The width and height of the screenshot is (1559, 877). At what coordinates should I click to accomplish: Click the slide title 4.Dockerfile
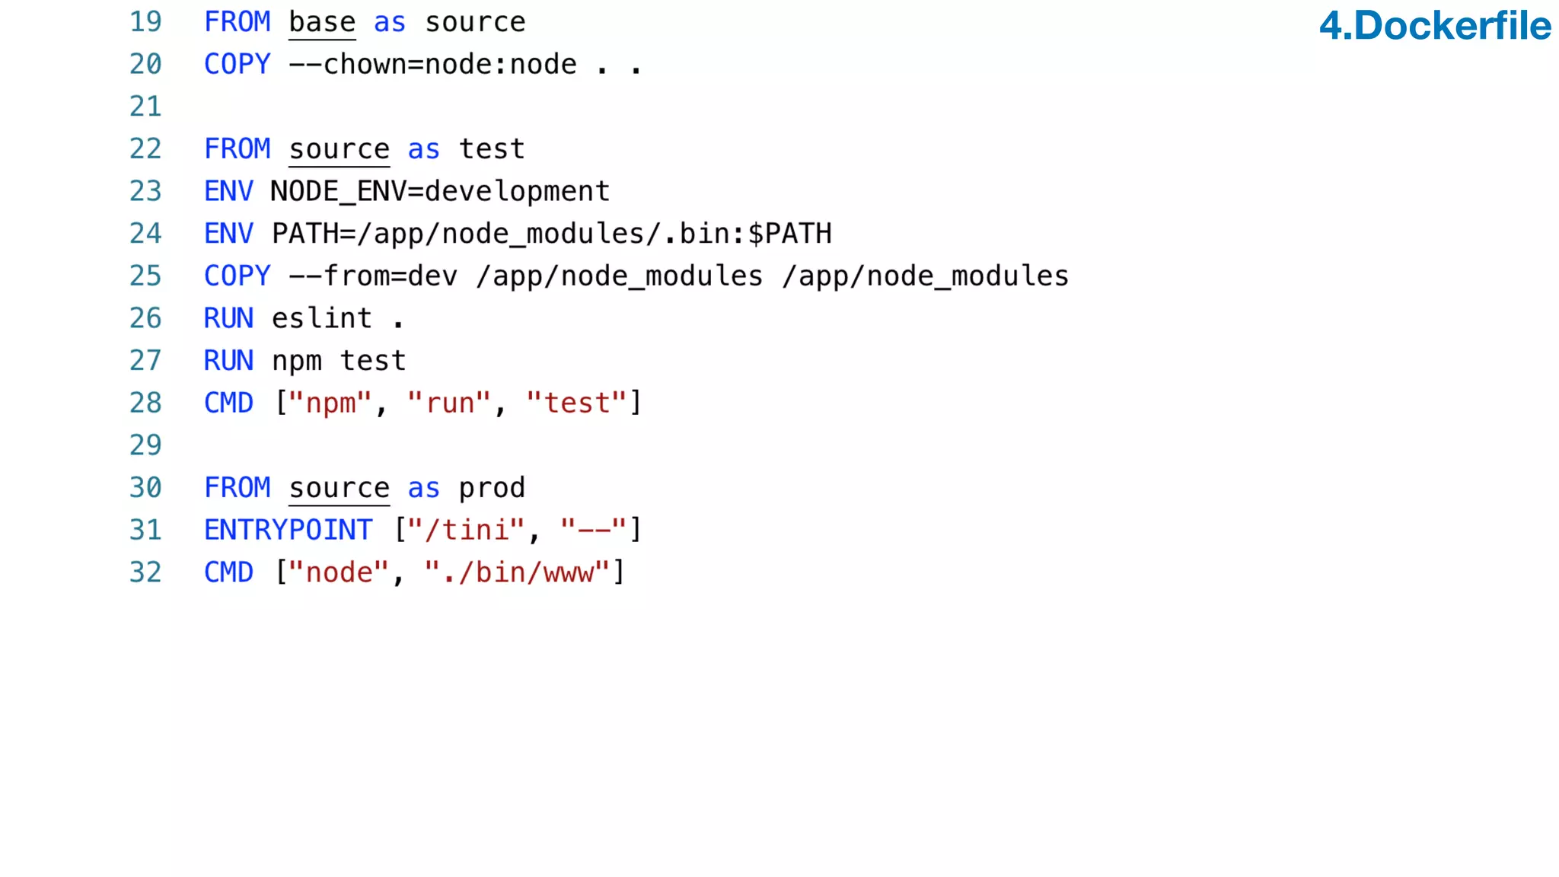click(x=1435, y=26)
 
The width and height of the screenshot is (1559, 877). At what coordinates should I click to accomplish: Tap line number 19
click(x=145, y=22)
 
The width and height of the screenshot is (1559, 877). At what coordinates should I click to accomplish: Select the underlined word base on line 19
click(x=322, y=23)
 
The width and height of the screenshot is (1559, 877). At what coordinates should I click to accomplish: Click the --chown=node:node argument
click(x=432, y=65)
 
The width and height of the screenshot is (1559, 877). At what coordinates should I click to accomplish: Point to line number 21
click(x=145, y=107)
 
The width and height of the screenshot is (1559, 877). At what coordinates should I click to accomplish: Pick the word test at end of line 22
click(x=492, y=149)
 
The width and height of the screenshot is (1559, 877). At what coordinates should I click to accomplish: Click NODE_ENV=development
click(x=440, y=191)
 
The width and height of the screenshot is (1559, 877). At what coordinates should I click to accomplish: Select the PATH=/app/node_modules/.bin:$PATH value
click(x=552, y=234)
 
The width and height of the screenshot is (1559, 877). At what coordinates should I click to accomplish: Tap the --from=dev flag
click(x=373, y=276)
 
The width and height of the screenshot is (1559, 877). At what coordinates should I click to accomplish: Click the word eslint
click(x=322, y=318)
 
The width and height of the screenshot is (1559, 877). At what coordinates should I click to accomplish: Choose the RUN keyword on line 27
click(x=228, y=361)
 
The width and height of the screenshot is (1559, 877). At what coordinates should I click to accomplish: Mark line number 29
click(x=145, y=445)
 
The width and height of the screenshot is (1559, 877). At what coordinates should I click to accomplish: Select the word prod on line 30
click(x=492, y=488)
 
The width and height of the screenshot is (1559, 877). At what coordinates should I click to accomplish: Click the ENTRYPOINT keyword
click(x=289, y=530)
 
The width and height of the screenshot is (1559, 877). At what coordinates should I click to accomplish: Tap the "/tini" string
click(x=466, y=530)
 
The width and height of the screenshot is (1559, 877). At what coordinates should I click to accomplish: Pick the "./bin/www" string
click(x=518, y=572)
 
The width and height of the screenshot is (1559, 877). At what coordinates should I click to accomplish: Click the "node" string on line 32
click(x=339, y=572)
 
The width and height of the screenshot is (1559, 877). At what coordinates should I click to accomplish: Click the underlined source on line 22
click(x=339, y=149)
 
